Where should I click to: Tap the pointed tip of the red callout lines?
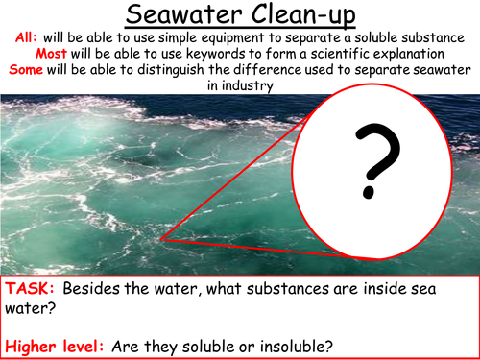click(160, 236)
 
